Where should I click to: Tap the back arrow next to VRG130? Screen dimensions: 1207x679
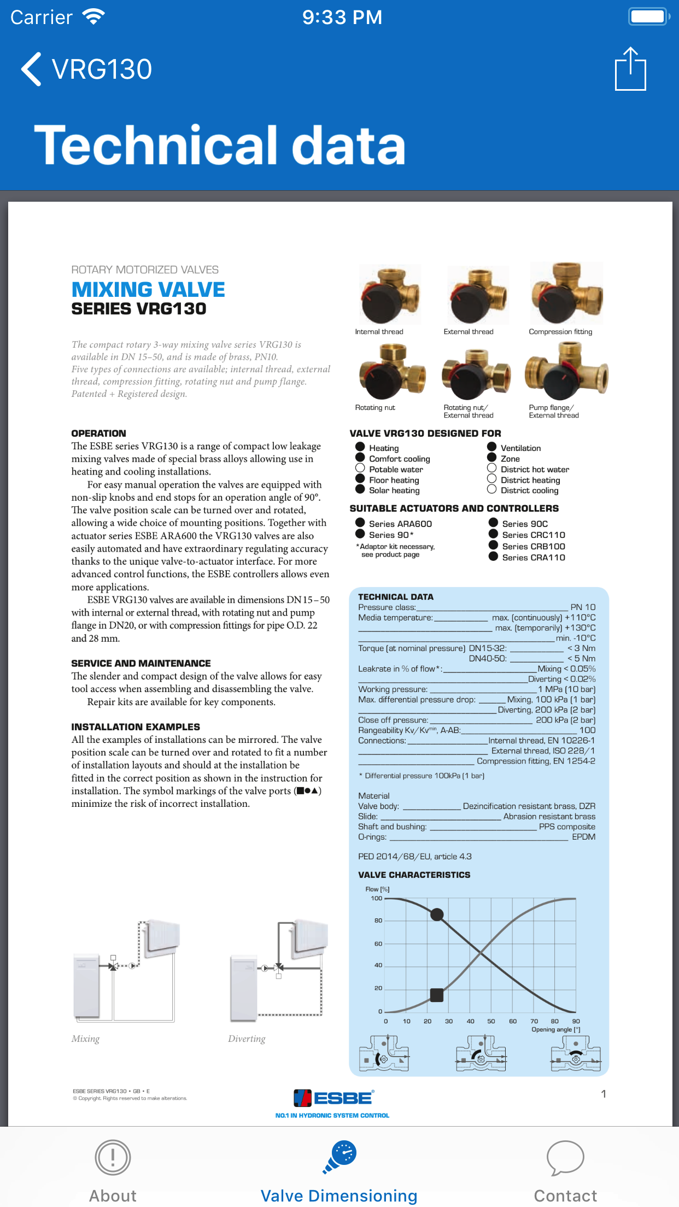31,69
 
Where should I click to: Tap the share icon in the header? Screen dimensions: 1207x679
630,69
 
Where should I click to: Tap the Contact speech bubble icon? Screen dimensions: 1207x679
565,1158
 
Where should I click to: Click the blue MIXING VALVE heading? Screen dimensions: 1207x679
148,290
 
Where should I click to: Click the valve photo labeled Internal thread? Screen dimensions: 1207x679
389,295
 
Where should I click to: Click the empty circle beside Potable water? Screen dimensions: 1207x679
360,468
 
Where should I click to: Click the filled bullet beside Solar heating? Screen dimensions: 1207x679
360,490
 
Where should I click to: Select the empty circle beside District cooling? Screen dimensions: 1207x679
492,490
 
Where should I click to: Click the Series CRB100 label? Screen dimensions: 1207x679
534,546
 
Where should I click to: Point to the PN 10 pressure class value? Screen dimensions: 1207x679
583,607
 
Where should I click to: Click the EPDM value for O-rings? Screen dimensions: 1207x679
583,837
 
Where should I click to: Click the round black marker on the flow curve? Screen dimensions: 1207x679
437,914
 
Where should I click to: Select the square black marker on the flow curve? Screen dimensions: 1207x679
437,995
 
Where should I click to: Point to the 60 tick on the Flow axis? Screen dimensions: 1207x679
378,944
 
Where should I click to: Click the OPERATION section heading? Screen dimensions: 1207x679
99,433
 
